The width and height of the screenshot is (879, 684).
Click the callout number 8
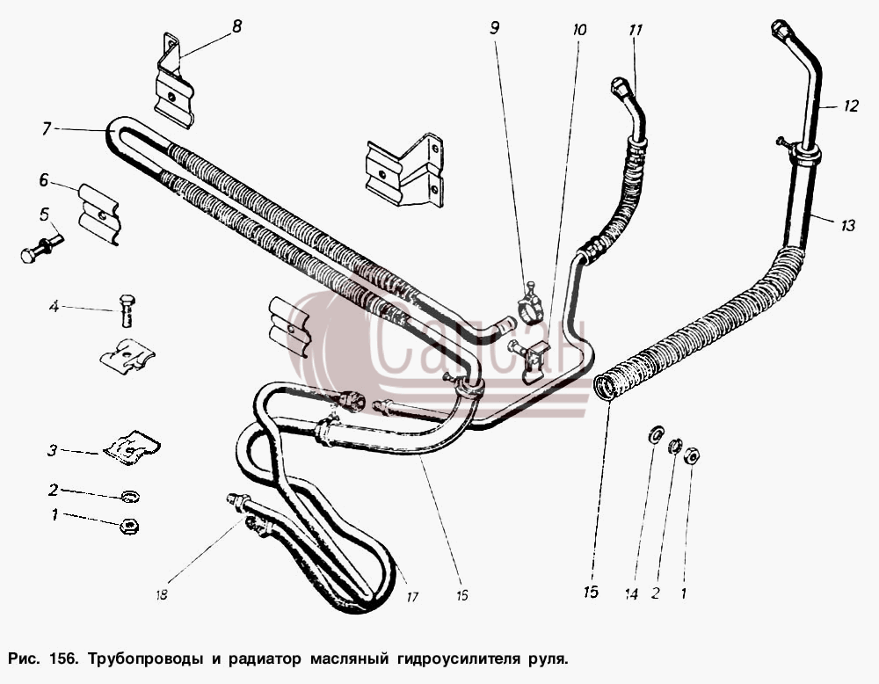pyautogui.click(x=236, y=26)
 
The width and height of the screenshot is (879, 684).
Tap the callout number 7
pyautogui.click(x=47, y=129)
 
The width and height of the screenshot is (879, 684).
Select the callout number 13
pyautogui.click(x=847, y=225)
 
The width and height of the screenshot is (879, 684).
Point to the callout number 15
pyautogui.click(x=591, y=592)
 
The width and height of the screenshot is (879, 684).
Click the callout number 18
pyautogui.click(x=162, y=595)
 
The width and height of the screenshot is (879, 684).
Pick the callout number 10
pyautogui.click(x=579, y=29)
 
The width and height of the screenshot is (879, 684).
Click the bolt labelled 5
pyautogui.click(x=41, y=246)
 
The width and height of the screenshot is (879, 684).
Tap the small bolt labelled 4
pyautogui.click(x=127, y=309)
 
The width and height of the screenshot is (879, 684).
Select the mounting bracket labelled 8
pyautogui.click(x=174, y=80)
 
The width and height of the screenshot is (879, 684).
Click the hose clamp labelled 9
pyautogui.click(x=530, y=303)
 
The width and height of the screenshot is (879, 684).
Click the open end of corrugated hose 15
pyautogui.click(x=605, y=388)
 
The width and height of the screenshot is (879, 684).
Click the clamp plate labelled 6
pyautogui.click(x=99, y=214)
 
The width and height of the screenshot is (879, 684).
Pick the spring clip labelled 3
pyautogui.click(x=133, y=447)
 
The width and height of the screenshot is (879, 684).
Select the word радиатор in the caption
pyautogui.click(x=264, y=659)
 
